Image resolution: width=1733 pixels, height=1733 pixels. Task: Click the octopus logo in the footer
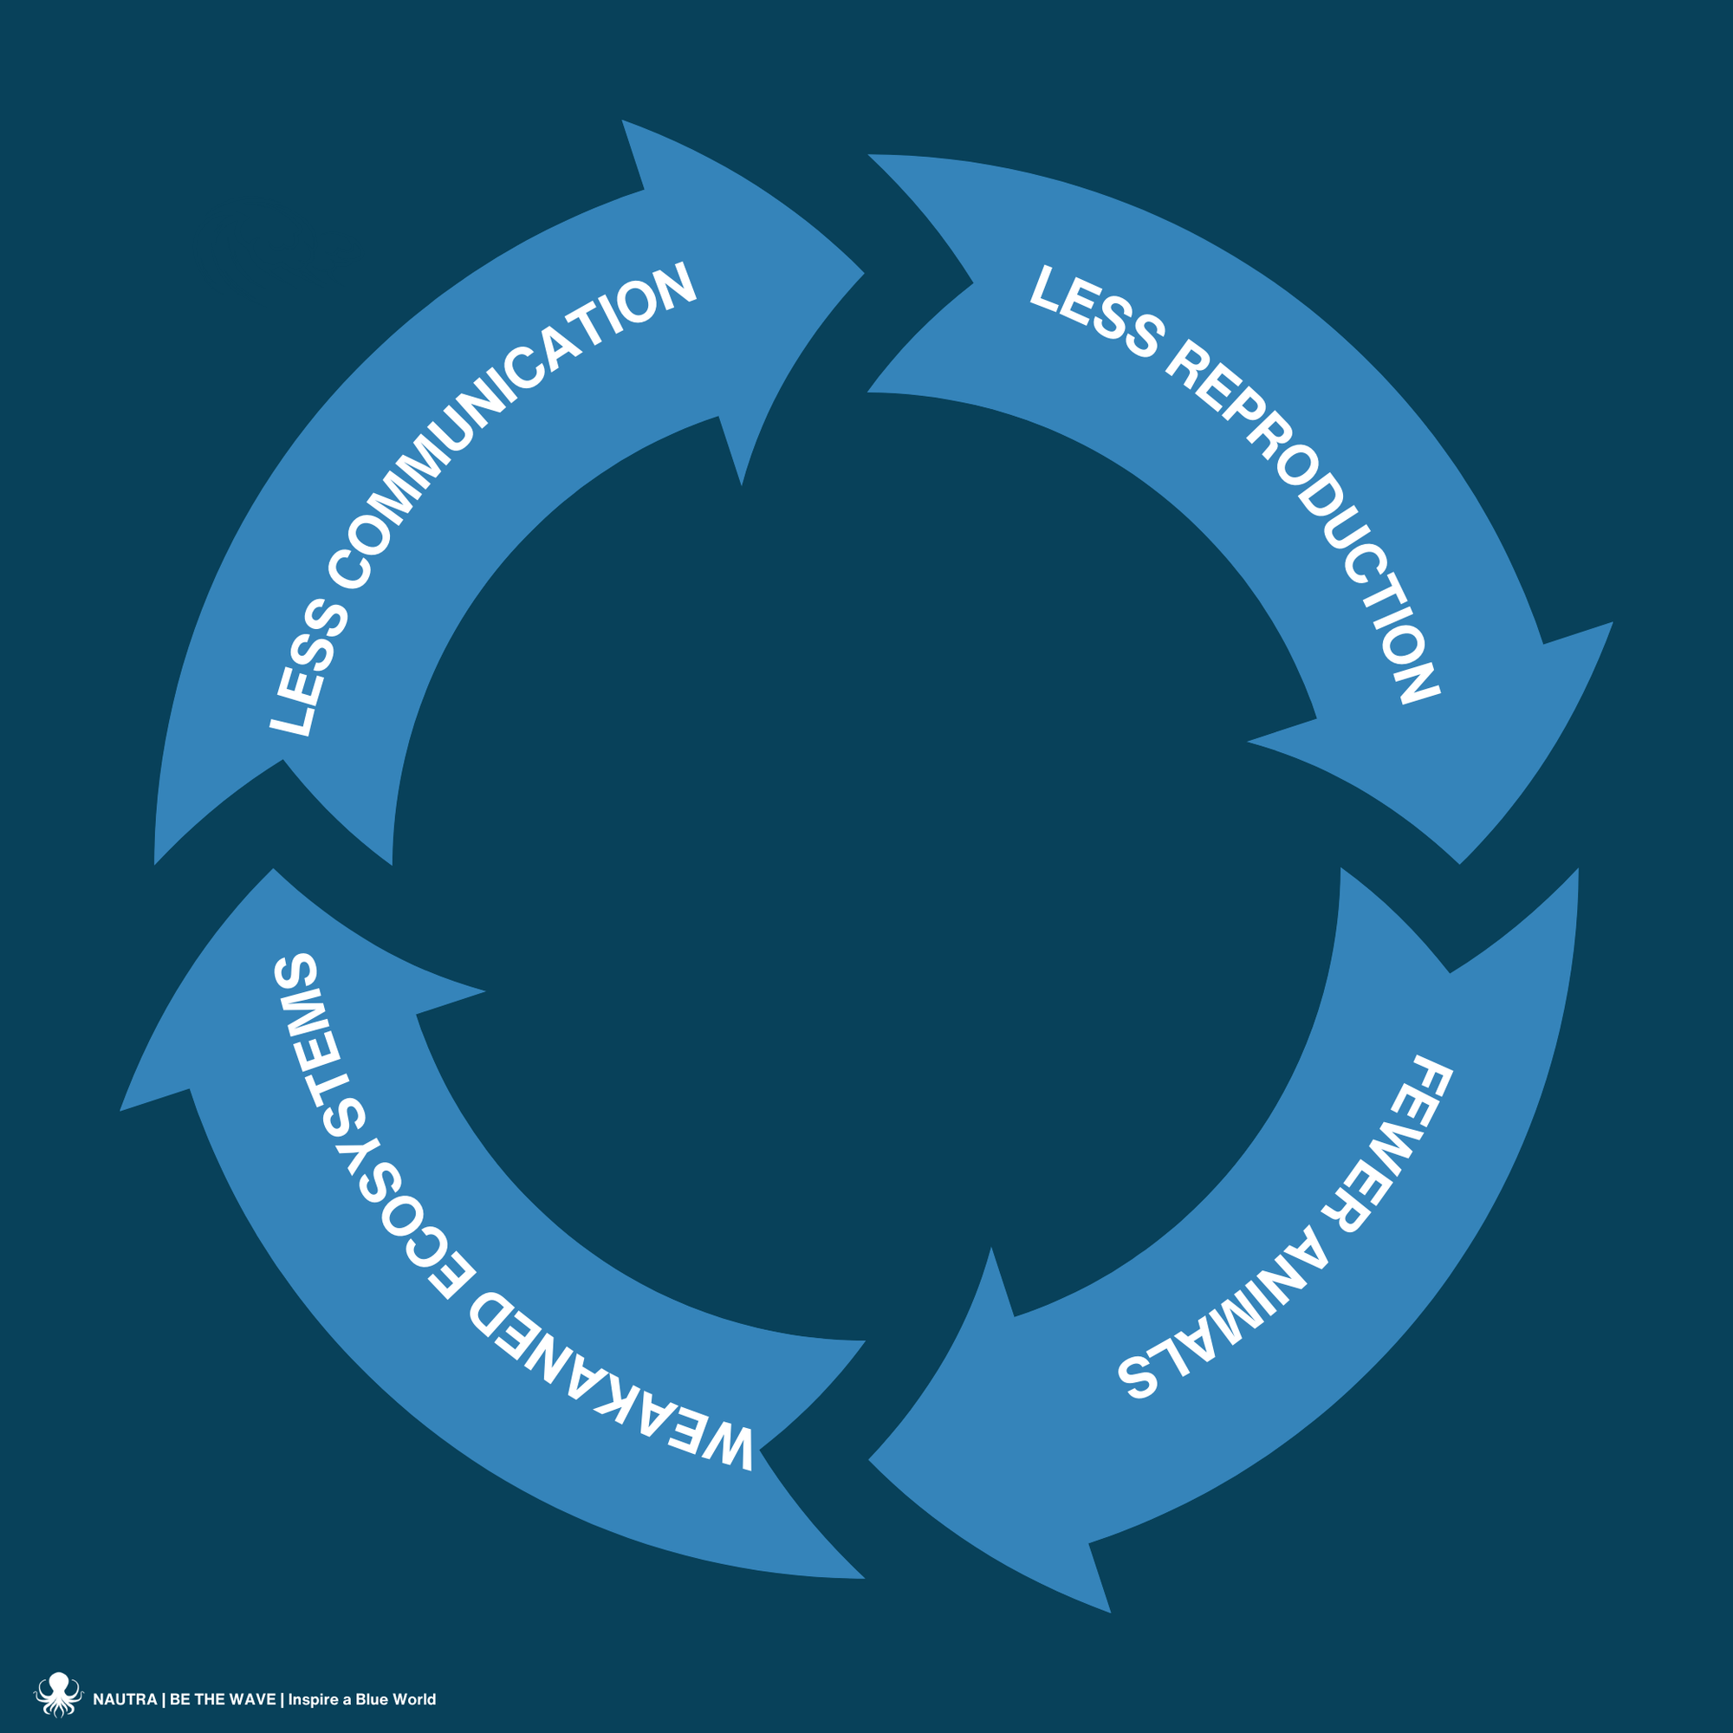pyautogui.click(x=58, y=1693)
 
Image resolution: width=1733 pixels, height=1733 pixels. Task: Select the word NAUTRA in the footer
pyautogui.click(x=125, y=1699)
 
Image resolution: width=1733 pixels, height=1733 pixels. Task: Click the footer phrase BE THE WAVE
pyautogui.click(x=223, y=1699)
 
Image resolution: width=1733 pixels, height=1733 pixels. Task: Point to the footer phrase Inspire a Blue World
pyautogui.click(x=361, y=1699)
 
